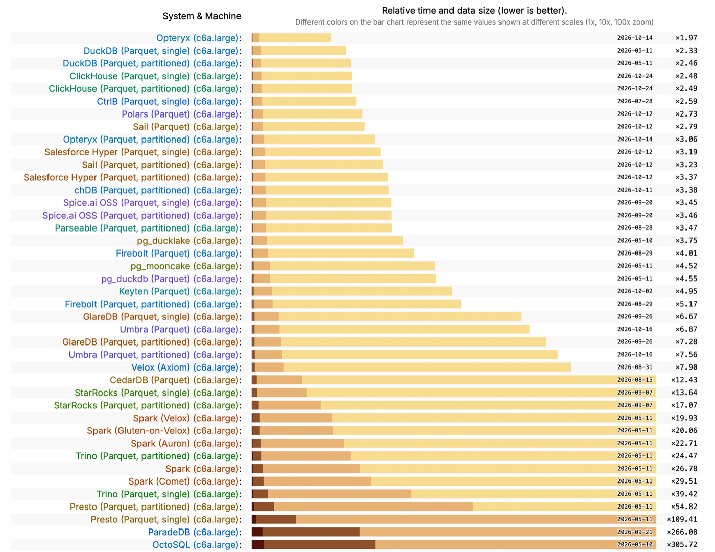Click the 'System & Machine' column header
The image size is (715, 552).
[x=202, y=16]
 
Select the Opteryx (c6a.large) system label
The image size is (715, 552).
[x=199, y=38]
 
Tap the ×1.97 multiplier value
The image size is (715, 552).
[x=686, y=38]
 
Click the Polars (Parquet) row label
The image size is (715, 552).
[x=181, y=114]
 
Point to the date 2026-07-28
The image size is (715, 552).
[x=635, y=101]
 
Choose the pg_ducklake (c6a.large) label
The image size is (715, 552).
[x=189, y=241]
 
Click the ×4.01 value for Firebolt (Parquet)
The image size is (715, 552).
[x=686, y=253]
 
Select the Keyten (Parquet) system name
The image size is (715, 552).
[x=180, y=291]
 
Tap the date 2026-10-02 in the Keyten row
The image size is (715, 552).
[x=635, y=291]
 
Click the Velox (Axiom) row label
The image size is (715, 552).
[x=186, y=367]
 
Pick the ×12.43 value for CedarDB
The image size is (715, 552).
[x=684, y=380]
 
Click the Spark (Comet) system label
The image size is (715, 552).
[x=184, y=481]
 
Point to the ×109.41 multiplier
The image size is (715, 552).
[x=682, y=519]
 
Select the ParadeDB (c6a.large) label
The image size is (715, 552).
[x=195, y=532]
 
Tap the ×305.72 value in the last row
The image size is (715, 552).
[x=682, y=544]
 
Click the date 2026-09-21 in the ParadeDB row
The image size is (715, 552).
[x=635, y=532]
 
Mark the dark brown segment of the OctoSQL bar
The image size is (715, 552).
[x=257, y=545]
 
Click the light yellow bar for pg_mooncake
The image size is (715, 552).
[x=352, y=266]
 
